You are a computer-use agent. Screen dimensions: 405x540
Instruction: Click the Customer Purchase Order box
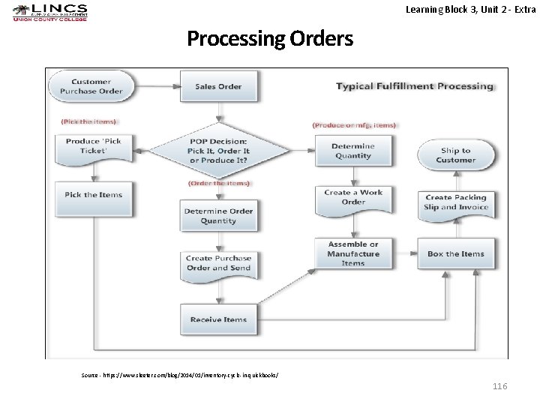tap(91, 86)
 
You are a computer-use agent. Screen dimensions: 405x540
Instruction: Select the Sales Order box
tap(218, 86)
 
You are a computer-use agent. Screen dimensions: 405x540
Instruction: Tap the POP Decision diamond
tap(219, 151)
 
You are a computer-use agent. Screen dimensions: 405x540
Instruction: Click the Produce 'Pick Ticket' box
tap(92, 146)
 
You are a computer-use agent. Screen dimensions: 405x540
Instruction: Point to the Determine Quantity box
tap(352, 151)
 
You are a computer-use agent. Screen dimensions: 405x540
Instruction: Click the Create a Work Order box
tap(353, 197)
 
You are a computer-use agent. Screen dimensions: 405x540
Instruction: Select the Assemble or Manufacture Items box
tap(353, 253)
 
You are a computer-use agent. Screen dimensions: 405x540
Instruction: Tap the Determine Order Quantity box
tap(218, 216)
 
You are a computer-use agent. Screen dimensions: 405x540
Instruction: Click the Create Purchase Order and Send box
tap(218, 263)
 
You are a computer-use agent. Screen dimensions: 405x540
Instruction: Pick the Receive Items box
tap(218, 319)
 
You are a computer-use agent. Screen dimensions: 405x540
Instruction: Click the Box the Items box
tap(455, 254)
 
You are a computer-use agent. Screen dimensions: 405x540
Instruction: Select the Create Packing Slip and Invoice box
tap(455, 202)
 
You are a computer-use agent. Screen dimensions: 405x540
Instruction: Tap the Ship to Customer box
tap(455, 155)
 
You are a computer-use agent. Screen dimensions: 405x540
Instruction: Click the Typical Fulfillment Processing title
tap(414, 86)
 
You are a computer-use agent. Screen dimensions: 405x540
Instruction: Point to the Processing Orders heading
tap(269, 38)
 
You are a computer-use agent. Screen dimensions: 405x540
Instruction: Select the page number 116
tap(499, 385)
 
